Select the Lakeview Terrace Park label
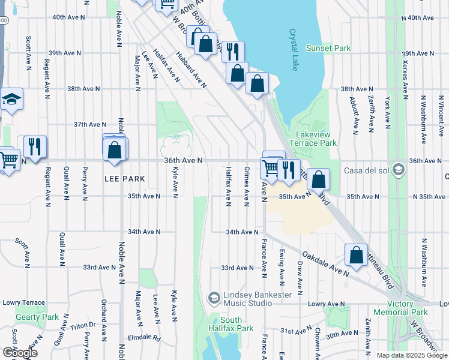coord(313,139)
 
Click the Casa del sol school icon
coord(397,170)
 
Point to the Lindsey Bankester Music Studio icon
coord(214,298)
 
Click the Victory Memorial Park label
coord(400,308)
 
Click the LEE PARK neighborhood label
coord(125,179)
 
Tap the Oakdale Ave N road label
coord(325,264)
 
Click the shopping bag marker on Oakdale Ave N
coord(357,254)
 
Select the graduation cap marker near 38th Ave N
coord(11,100)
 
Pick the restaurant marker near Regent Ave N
coord(35,147)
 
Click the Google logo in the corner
coord(19,353)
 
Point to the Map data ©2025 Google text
coord(411,355)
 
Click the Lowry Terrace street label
coord(23,303)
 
